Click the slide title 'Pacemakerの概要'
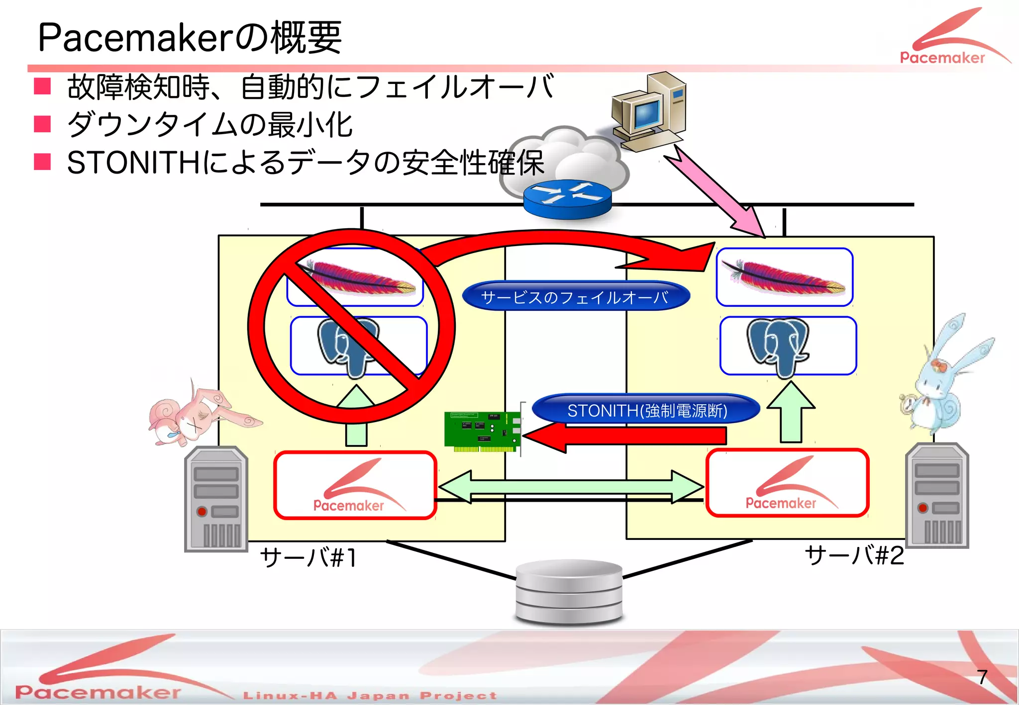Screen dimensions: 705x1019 [x=190, y=38]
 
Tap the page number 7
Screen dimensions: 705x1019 [x=982, y=677]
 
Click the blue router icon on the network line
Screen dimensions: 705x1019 [x=567, y=199]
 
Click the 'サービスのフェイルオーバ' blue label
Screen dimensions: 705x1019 [x=576, y=297]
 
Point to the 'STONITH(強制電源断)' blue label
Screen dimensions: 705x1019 [x=646, y=410]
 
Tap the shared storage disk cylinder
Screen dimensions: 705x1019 [x=569, y=592]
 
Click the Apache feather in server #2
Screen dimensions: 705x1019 [x=784, y=276]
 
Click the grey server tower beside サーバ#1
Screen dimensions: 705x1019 [x=216, y=499]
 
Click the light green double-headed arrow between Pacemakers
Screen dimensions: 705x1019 [x=571, y=487]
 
